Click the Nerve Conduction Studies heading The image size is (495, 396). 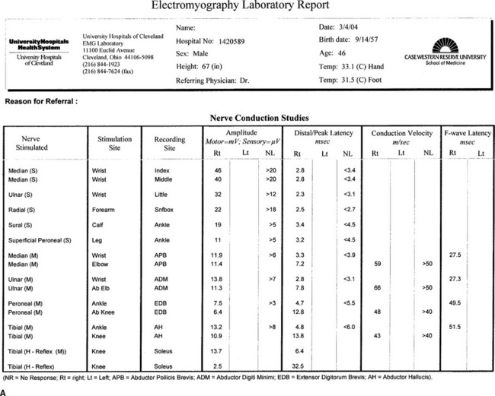pos(258,119)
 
